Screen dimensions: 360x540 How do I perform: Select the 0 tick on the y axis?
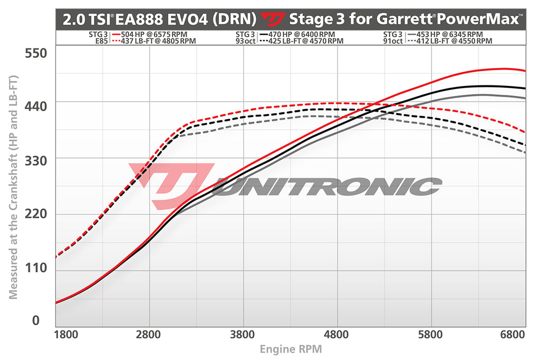36,320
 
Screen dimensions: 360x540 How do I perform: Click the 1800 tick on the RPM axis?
66,334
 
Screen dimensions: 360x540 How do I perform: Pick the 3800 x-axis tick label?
243,334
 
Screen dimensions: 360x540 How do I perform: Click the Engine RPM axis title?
291,349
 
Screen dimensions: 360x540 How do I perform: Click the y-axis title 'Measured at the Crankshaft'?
13,187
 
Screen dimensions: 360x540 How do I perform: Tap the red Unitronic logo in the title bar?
274,20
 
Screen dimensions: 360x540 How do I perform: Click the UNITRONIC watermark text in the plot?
327,186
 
